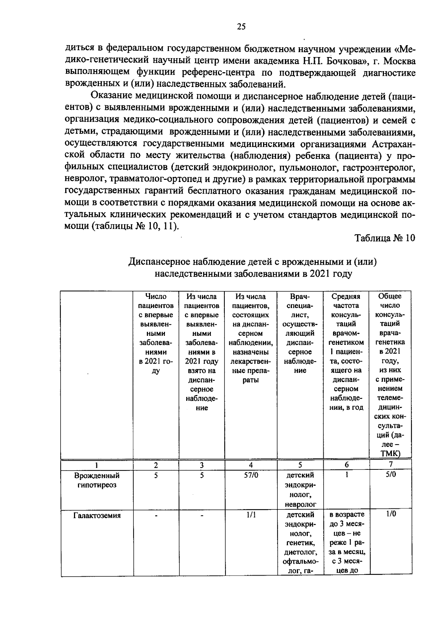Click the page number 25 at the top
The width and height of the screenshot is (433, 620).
(241, 26)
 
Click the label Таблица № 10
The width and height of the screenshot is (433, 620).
(385, 238)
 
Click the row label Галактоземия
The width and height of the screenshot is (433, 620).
(97, 515)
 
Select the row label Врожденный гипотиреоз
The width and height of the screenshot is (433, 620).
(97, 480)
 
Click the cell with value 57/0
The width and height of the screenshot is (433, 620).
(251, 475)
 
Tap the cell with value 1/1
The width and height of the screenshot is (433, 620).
(251, 515)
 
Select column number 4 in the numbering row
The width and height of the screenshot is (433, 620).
(251, 465)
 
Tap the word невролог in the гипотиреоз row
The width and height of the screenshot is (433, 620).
(300, 504)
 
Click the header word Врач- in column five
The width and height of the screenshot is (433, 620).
(300, 297)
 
